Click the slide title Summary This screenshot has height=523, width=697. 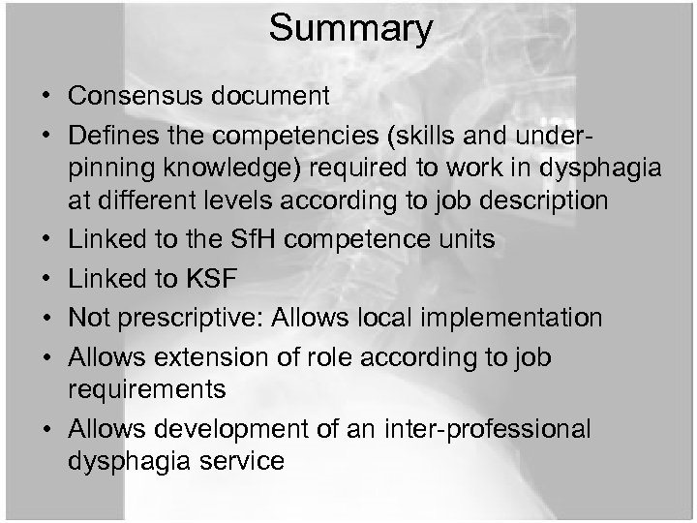click(350, 28)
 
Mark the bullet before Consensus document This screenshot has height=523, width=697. click(46, 97)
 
